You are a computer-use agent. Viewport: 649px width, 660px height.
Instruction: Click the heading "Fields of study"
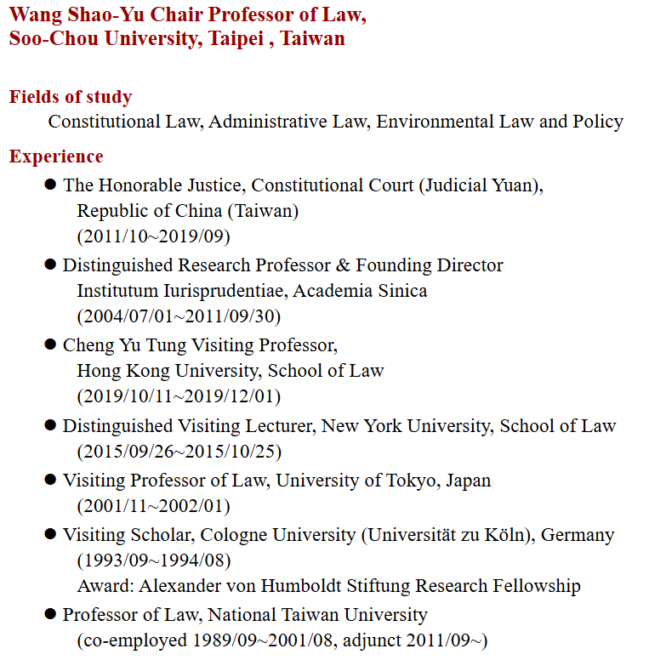pyautogui.click(x=71, y=97)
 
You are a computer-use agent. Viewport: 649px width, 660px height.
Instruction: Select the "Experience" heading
pyautogui.click(x=56, y=156)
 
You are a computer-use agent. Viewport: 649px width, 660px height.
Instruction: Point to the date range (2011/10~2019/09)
pyautogui.click(x=154, y=236)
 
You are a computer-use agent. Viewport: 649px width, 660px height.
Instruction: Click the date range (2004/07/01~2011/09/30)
pyautogui.click(x=179, y=316)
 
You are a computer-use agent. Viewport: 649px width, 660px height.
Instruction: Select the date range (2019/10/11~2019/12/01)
pyautogui.click(x=179, y=396)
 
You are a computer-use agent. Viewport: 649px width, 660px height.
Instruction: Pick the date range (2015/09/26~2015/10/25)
pyautogui.click(x=179, y=451)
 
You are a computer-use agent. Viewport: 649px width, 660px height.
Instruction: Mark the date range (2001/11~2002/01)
pyautogui.click(x=154, y=505)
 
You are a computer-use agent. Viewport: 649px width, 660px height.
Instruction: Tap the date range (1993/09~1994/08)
pyautogui.click(x=154, y=560)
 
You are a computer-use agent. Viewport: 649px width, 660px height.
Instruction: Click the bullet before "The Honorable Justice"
pyautogui.click(x=50, y=185)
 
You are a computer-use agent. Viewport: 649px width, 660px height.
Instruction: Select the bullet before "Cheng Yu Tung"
pyautogui.click(x=50, y=344)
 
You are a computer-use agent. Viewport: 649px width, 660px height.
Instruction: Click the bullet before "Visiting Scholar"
pyautogui.click(x=50, y=535)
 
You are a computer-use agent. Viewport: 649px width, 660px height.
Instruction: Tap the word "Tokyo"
pyautogui.click(x=413, y=480)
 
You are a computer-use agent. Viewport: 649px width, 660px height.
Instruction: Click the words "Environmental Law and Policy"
pyautogui.click(x=500, y=122)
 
